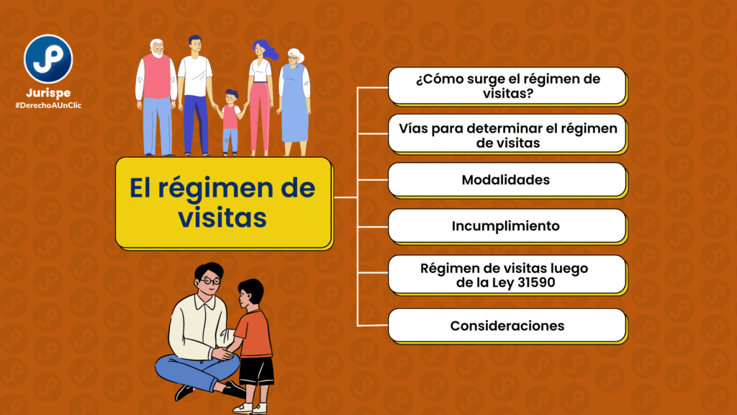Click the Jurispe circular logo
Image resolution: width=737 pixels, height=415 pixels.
pyautogui.click(x=48, y=59)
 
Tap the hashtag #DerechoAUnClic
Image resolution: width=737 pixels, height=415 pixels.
pyautogui.click(x=48, y=105)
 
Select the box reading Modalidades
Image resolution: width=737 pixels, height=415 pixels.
pyautogui.click(x=507, y=179)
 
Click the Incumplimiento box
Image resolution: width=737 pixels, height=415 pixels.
pyautogui.click(x=507, y=226)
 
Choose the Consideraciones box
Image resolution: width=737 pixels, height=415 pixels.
pyautogui.click(x=507, y=326)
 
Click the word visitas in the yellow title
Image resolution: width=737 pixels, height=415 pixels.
pyautogui.click(x=222, y=218)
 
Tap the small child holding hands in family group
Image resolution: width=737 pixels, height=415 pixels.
pyautogui.click(x=230, y=122)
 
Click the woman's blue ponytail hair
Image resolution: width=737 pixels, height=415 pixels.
pyautogui.click(x=267, y=50)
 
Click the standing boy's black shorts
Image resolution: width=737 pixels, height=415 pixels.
pyautogui.click(x=256, y=371)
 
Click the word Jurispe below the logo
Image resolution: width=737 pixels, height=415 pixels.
pyautogui.click(x=48, y=93)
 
